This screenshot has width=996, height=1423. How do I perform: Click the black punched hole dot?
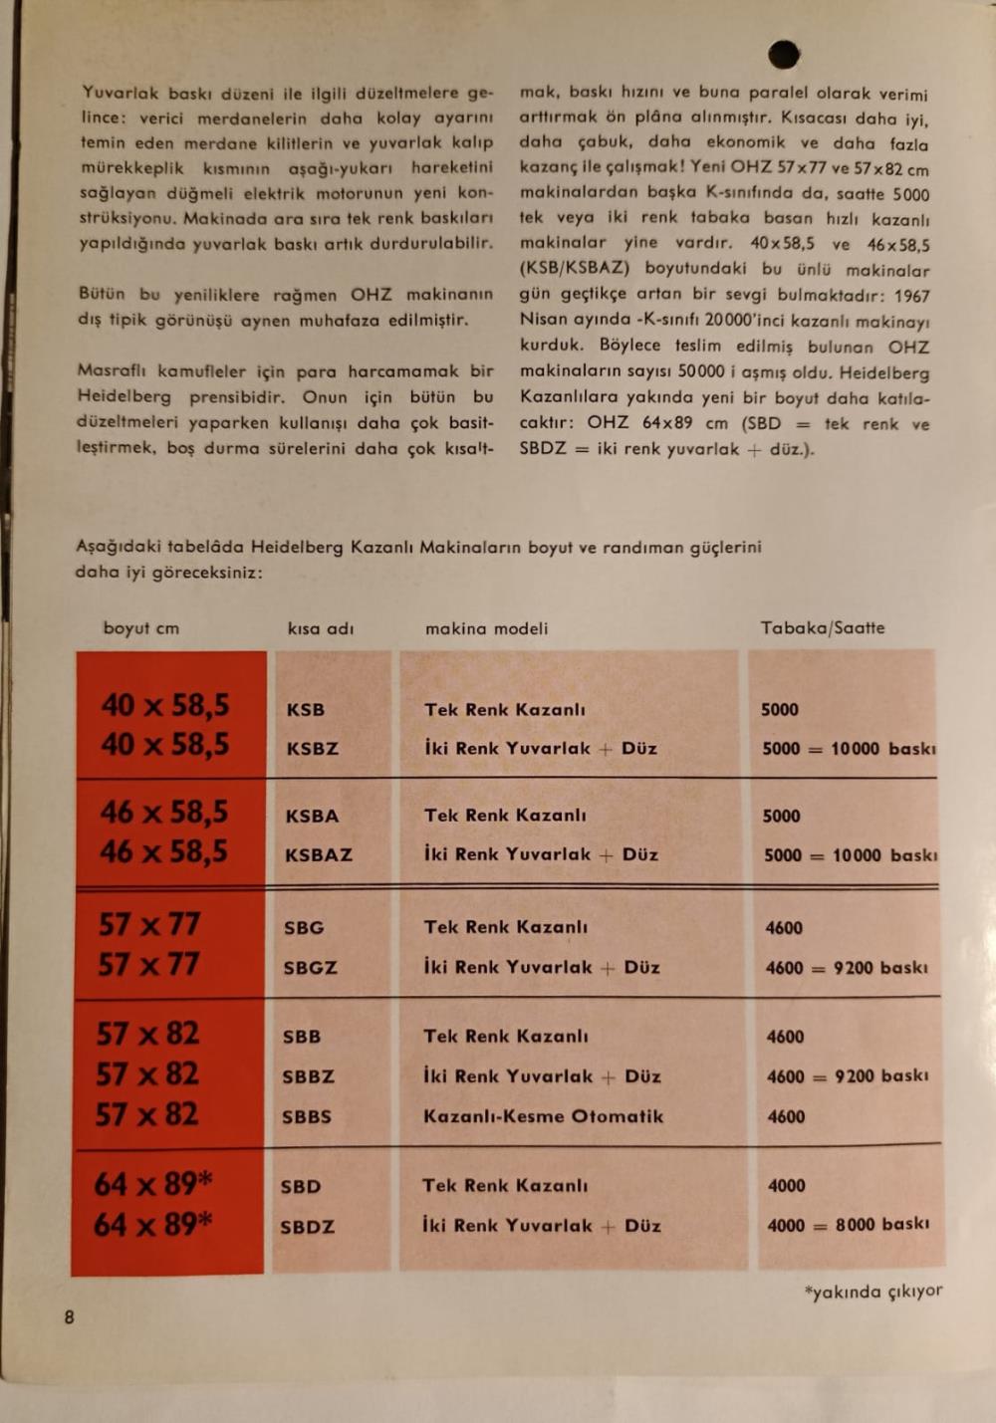784,54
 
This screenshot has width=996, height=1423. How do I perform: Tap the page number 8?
69,1317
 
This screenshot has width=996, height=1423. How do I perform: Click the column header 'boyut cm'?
141,628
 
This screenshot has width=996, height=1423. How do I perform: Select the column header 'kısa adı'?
321,628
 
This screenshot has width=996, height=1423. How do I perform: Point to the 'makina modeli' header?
486,628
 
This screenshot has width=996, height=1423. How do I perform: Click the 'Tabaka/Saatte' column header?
823,628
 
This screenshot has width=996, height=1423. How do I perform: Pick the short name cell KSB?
305,710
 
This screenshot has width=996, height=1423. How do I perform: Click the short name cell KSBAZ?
319,854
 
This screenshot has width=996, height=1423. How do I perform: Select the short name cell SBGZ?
311,967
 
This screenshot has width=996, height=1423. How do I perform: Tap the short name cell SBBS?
307,1117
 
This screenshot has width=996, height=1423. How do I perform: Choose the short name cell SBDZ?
308,1227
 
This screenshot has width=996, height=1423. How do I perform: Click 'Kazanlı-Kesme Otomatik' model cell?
543,1116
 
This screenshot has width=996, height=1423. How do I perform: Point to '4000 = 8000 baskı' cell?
848,1226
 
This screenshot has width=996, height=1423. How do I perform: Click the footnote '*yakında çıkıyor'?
873,1292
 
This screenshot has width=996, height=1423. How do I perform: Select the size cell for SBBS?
147,1114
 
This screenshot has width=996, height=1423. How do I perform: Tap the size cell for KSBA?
163,813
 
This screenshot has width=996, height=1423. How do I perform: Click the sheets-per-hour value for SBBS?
786,1117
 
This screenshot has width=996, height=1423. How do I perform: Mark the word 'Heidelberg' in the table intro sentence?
297,547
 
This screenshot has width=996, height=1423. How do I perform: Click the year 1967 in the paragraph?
911,296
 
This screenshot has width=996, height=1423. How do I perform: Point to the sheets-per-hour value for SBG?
784,928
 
